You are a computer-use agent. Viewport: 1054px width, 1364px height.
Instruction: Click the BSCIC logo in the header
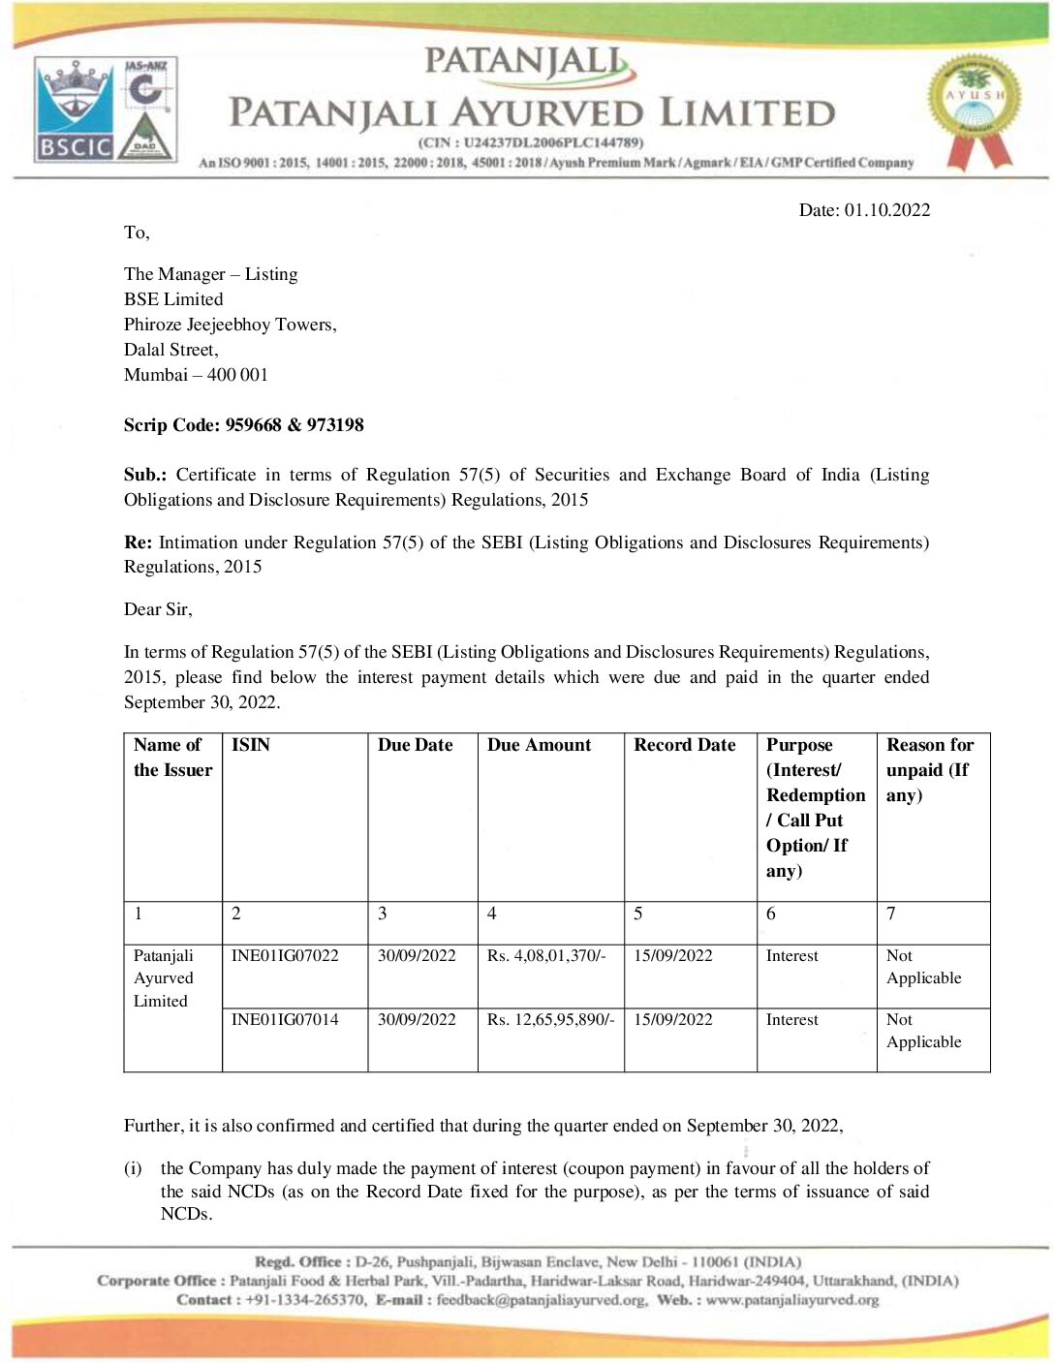pyautogui.click(x=75, y=109)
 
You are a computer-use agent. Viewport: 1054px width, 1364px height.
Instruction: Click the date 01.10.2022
pyautogui.click(x=886, y=210)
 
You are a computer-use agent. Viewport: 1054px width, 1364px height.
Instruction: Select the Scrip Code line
pyautogui.click(x=243, y=425)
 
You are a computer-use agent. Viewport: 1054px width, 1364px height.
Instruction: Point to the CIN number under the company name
pyautogui.click(x=531, y=142)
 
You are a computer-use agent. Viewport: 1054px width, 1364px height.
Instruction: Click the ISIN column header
pyautogui.click(x=251, y=745)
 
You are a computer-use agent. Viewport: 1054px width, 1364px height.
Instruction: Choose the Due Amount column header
pyautogui.click(x=539, y=745)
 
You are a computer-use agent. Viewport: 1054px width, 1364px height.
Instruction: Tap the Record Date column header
pyautogui.click(x=684, y=745)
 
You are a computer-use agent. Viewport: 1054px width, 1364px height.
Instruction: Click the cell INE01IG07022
pyautogui.click(x=285, y=956)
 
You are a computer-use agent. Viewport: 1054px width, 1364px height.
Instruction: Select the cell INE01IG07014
pyautogui.click(x=285, y=1020)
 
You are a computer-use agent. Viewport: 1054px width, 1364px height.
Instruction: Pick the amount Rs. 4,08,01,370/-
pyautogui.click(x=546, y=956)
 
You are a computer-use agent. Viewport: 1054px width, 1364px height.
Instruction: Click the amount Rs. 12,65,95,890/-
pyautogui.click(x=550, y=1020)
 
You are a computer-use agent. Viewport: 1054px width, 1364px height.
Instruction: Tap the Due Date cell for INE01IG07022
pyautogui.click(x=417, y=956)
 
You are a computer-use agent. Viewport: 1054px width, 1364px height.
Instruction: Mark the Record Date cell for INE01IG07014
pyautogui.click(x=673, y=1020)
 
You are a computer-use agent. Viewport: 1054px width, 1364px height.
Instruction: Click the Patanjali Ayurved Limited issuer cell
pyautogui.click(x=164, y=978)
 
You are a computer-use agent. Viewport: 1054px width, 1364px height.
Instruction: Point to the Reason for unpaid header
pyautogui.click(x=929, y=770)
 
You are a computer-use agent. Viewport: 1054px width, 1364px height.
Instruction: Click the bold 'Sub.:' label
pyautogui.click(x=145, y=475)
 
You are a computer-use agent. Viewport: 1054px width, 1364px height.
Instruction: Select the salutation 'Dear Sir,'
pyautogui.click(x=158, y=609)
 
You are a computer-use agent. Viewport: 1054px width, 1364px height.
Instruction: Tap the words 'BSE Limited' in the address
pyautogui.click(x=173, y=299)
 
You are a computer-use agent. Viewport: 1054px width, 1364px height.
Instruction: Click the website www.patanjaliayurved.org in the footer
pyautogui.click(x=791, y=1300)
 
